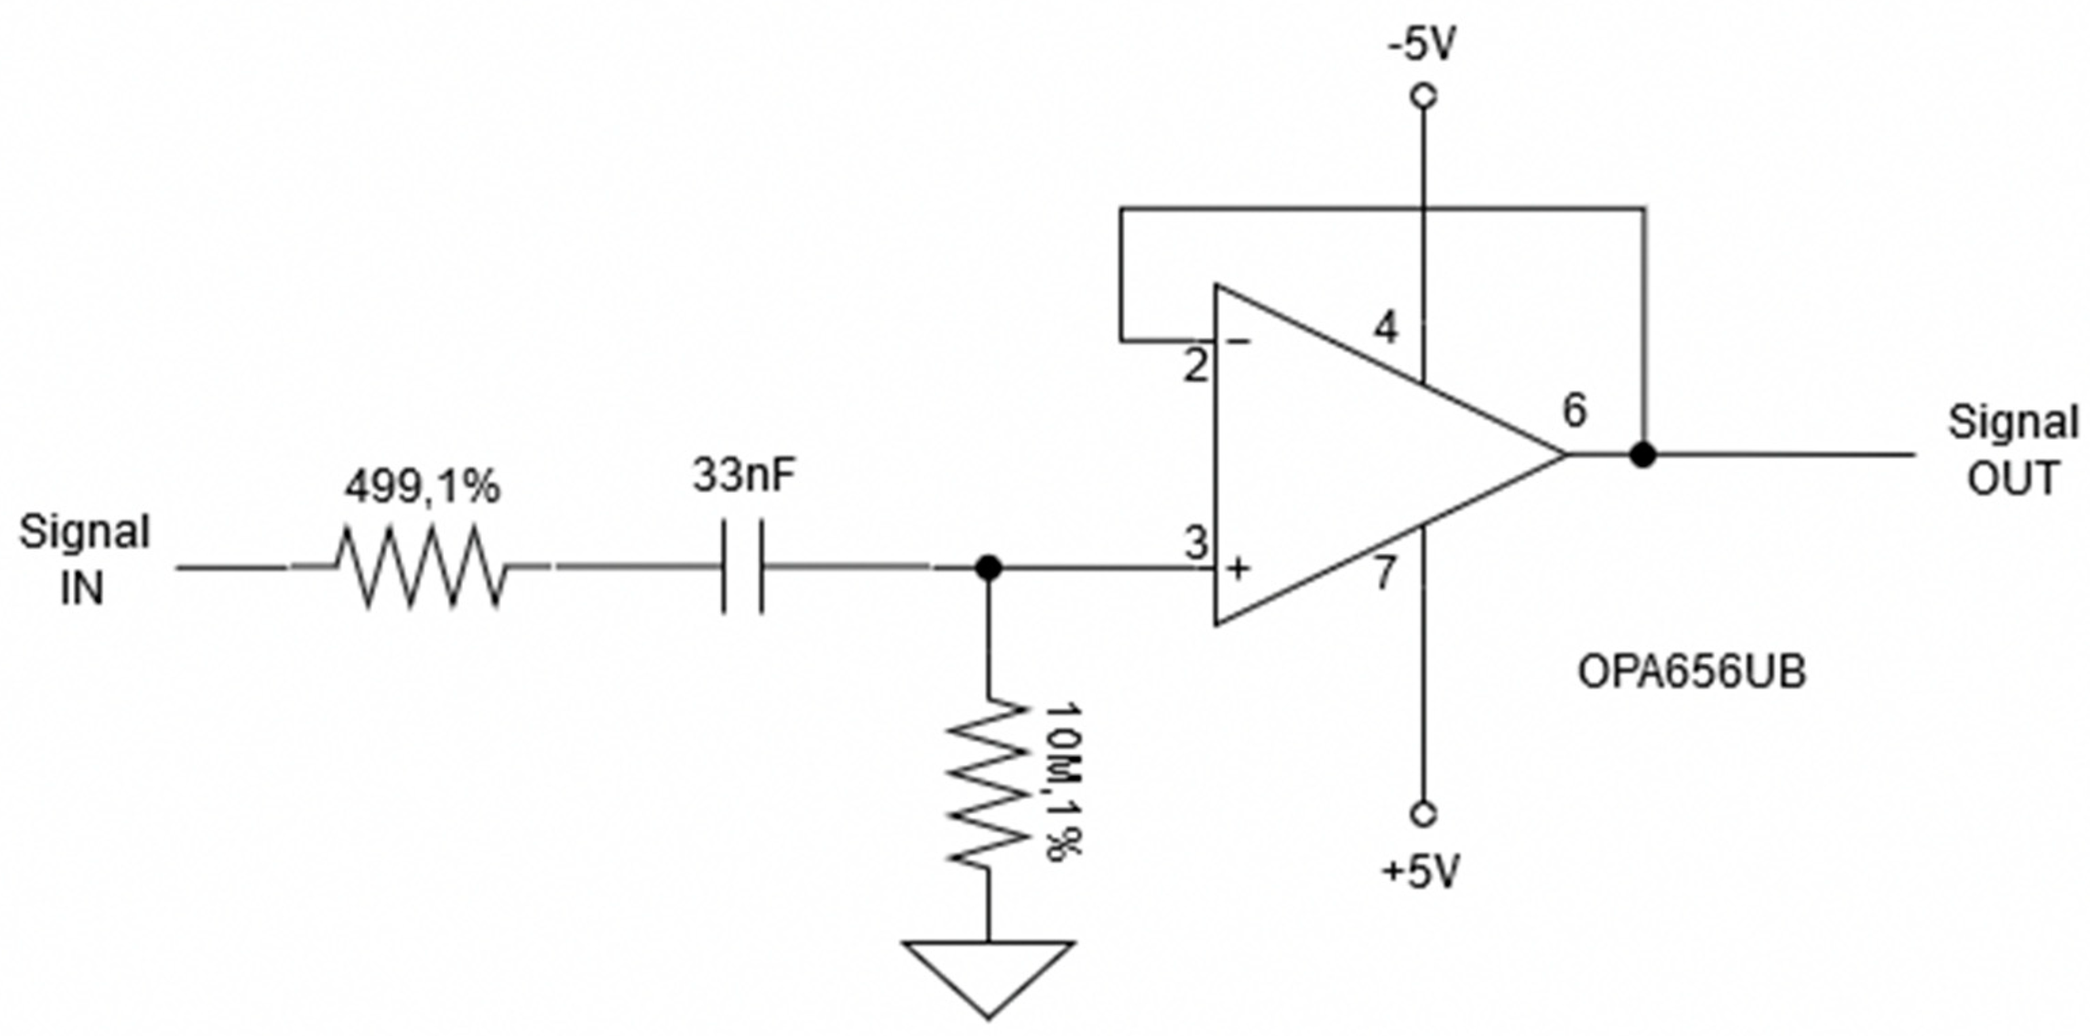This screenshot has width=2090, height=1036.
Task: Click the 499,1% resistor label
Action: tap(422, 487)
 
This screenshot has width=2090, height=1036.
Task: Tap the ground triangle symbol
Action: tap(988, 974)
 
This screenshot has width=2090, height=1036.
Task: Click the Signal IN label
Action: tap(84, 560)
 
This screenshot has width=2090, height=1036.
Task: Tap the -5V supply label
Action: tap(1422, 46)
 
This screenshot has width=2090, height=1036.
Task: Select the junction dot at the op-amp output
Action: tap(1643, 455)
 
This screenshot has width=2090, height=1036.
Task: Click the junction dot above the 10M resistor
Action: tap(987, 568)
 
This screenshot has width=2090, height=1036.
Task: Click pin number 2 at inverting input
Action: tap(1195, 367)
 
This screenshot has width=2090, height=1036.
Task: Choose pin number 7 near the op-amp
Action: tap(1385, 572)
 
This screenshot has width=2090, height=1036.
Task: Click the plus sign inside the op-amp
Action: tap(1238, 569)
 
